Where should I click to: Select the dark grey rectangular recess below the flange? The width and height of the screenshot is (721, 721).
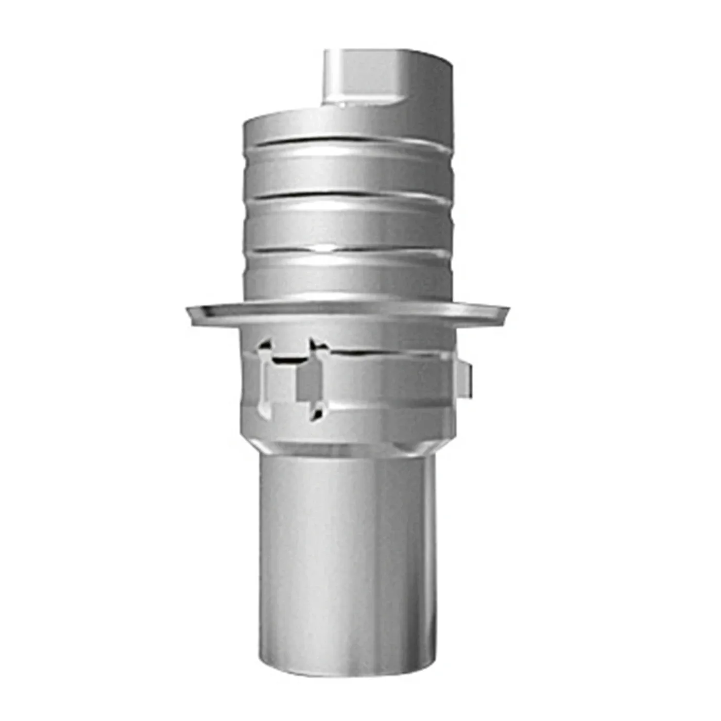309,381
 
